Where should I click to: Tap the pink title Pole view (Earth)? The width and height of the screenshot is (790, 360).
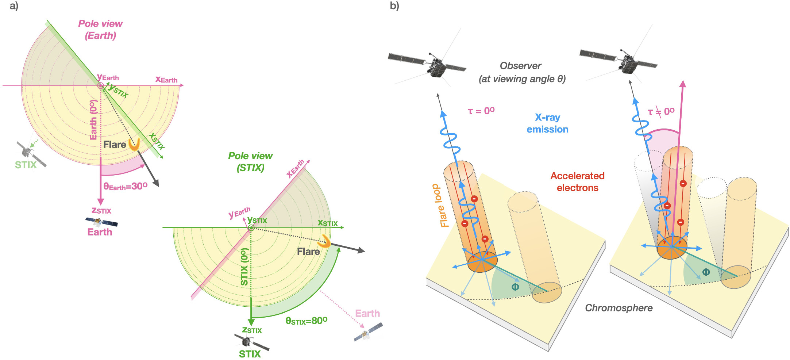[x=100, y=30]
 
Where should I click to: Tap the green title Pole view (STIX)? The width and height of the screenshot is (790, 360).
[x=250, y=162]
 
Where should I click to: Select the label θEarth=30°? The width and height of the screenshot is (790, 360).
[x=125, y=187]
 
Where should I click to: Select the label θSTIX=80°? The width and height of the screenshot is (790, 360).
[x=306, y=321]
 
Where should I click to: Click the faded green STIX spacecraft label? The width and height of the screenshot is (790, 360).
[x=26, y=165]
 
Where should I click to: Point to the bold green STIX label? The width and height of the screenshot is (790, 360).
[x=250, y=354]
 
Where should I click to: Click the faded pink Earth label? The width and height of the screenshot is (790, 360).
[x=367, y=314]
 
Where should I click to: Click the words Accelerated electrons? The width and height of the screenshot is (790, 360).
[x=577, y=182]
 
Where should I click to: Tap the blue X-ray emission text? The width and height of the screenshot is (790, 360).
[x=547, y=123]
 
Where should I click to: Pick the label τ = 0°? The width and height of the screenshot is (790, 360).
[x=481, y=111]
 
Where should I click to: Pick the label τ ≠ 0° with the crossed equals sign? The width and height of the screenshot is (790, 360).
[x=661, y=111]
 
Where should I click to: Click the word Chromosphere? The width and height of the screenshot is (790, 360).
[x=619, y=308]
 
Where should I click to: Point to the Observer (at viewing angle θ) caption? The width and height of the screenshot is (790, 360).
[x=522, y=72]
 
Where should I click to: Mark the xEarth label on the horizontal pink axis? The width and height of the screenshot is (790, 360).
[x=166, y=79]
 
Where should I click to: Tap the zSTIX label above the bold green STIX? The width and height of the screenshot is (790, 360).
[x=252, y=330]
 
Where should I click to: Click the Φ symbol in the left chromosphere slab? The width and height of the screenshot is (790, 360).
[x=515, y=287]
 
